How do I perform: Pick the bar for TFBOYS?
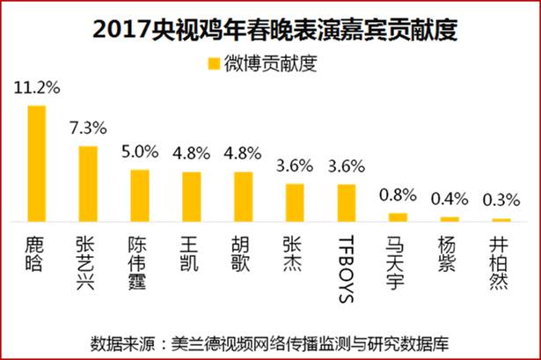pos(347,203)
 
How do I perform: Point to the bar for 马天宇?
pos(398,217)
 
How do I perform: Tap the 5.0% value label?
pos(140,151)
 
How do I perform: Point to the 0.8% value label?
pos(398,195)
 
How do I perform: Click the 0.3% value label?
pos(501,200)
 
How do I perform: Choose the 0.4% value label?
pos(450,199)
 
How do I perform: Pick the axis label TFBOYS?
pos(347,268)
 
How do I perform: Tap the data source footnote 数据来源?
pos(271,342)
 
